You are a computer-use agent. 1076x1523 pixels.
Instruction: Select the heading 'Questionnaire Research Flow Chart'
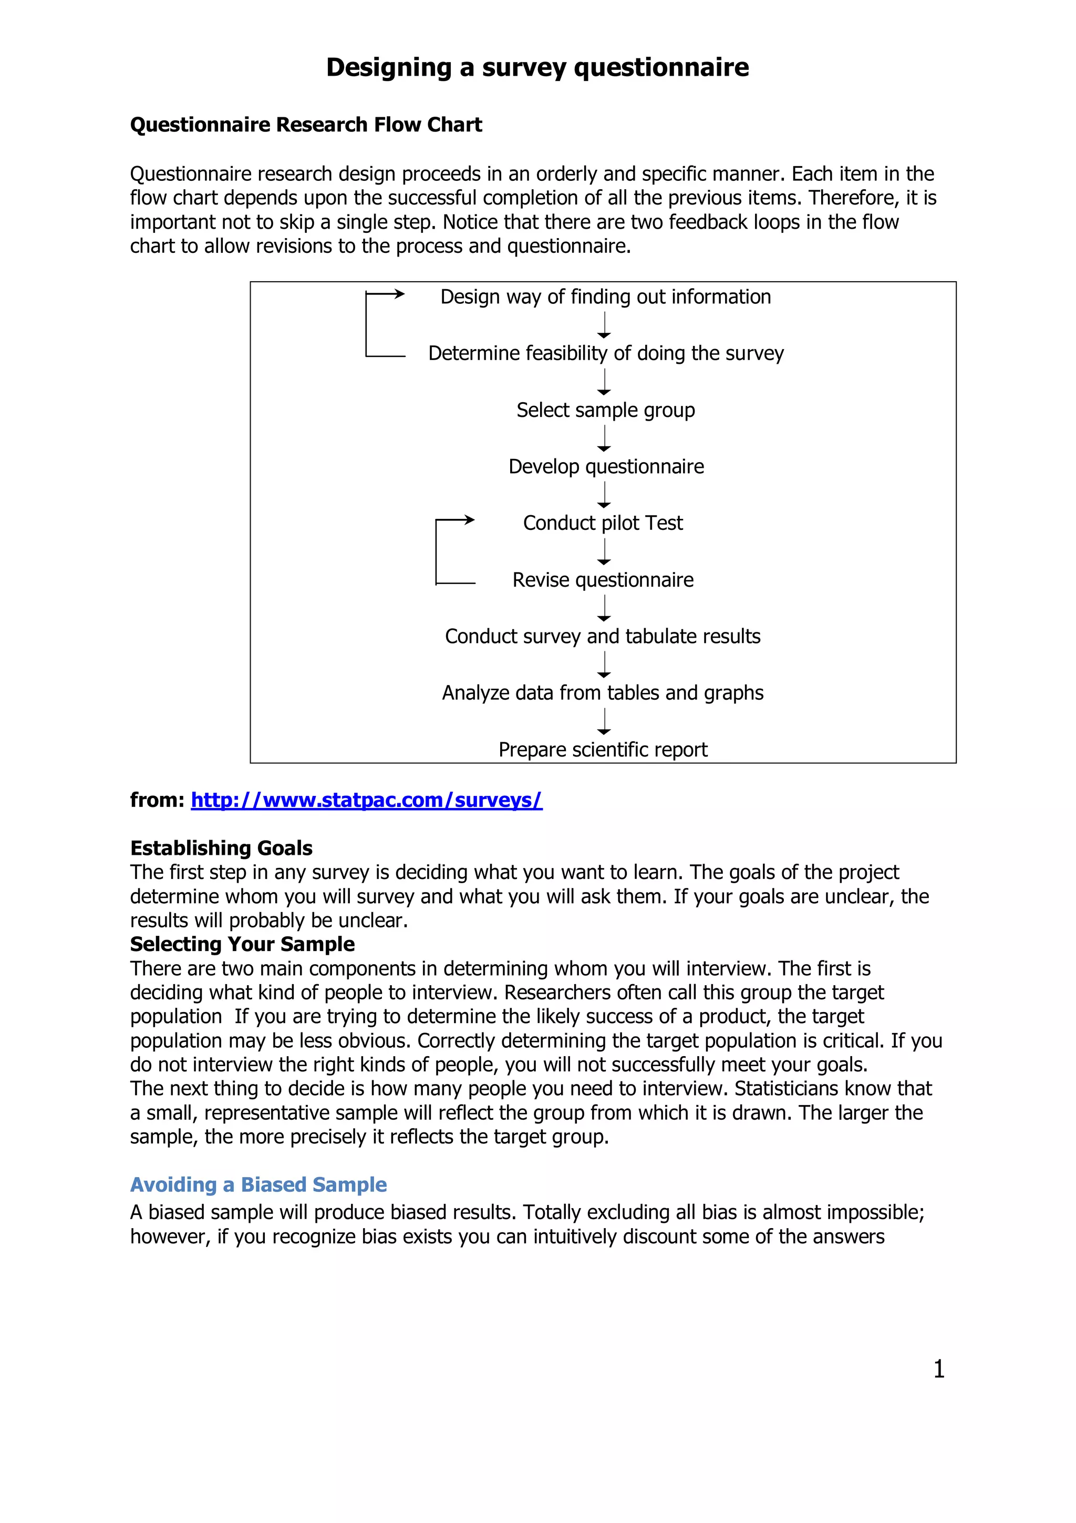[306, 125]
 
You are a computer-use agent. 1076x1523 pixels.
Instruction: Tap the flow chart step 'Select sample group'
[605, 410]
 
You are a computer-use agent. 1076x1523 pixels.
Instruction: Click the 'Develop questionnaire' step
[606, 466]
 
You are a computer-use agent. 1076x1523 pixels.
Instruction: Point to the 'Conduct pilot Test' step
[603, 523]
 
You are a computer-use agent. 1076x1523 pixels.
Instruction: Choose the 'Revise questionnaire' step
[603, 580]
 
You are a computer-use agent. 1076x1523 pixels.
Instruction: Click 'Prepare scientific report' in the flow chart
[603, 750]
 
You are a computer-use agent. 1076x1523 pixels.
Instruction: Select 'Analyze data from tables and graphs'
[603, 692]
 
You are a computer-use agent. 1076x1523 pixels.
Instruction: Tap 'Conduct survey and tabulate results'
[603, 636]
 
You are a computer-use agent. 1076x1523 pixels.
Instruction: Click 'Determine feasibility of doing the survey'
[605, 353]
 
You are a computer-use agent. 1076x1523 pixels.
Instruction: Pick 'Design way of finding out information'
[605, 297]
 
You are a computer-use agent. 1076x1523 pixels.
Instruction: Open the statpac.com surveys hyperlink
[366, 800]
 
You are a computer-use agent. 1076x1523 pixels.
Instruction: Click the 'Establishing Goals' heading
[221, 848]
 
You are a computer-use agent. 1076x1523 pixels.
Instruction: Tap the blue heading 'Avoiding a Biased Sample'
[258, 1185]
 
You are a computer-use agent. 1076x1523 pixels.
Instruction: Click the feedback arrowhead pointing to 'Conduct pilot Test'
[470, 520]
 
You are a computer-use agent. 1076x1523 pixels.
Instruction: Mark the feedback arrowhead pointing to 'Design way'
[400, 294]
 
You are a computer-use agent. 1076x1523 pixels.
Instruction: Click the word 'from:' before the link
[157, 800]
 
